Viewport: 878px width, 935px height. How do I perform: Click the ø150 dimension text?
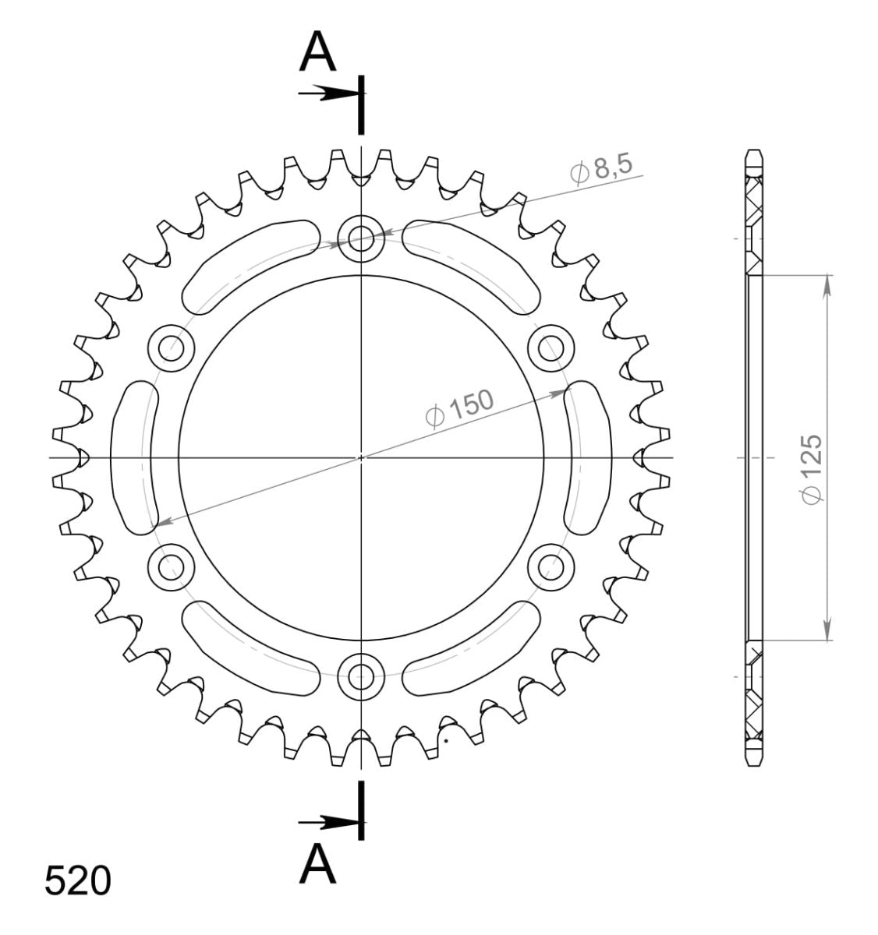459,408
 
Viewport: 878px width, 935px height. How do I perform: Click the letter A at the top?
318,52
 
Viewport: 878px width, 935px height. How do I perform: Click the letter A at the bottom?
318,865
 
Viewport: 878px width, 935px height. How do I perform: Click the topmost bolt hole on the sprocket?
361,238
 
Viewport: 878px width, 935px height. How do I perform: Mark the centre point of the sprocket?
361,457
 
